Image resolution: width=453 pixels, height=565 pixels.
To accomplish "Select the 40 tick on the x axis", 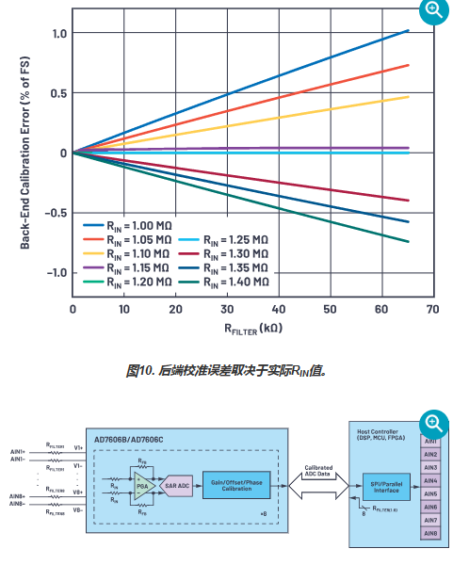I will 278,309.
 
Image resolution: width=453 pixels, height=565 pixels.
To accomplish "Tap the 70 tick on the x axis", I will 431,309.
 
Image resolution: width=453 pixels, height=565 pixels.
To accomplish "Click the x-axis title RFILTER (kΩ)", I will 251,331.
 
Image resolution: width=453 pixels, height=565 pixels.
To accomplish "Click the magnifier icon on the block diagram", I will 434,423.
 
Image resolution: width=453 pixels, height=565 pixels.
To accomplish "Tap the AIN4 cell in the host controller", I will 432,480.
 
